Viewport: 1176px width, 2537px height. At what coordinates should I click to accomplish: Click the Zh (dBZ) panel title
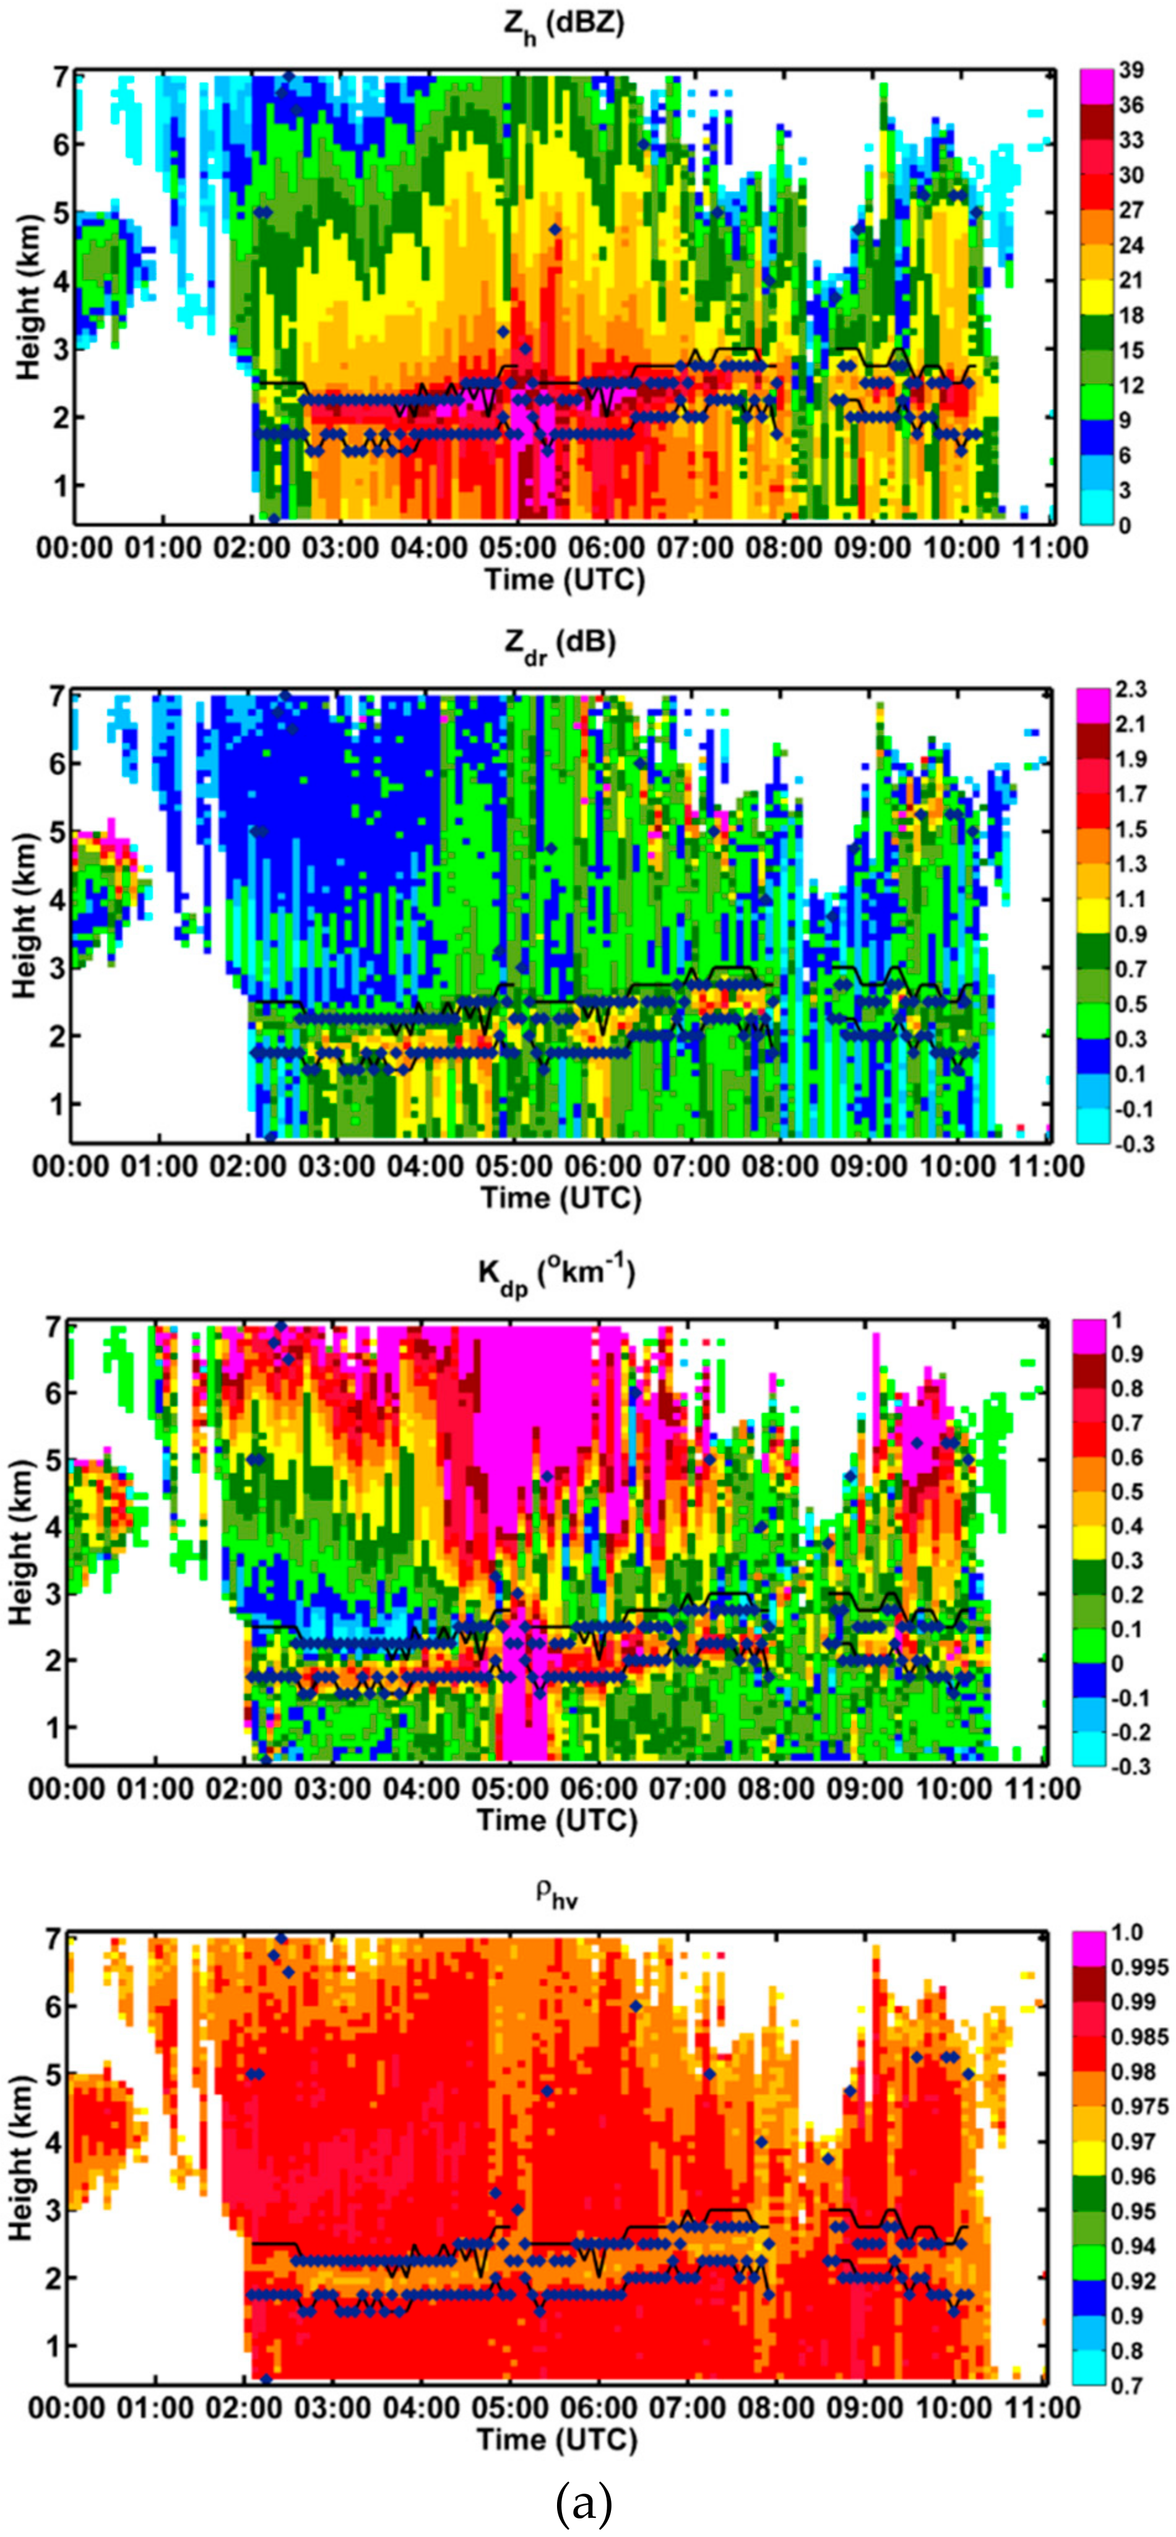click(563, 24)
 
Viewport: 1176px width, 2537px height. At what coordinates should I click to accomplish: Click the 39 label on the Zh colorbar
click(1131, 71)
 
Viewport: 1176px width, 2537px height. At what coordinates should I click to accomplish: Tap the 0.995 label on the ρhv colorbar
click(1139, 1967)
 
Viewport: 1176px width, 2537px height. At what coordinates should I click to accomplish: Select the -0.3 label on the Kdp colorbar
click(1130, 1766)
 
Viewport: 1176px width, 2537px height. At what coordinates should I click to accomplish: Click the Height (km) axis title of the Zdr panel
click(25, 916)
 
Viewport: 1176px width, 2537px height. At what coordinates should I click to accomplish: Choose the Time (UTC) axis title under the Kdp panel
click(558, 1821)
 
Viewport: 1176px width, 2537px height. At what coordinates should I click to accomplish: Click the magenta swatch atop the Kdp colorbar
click(1091, 1335)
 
